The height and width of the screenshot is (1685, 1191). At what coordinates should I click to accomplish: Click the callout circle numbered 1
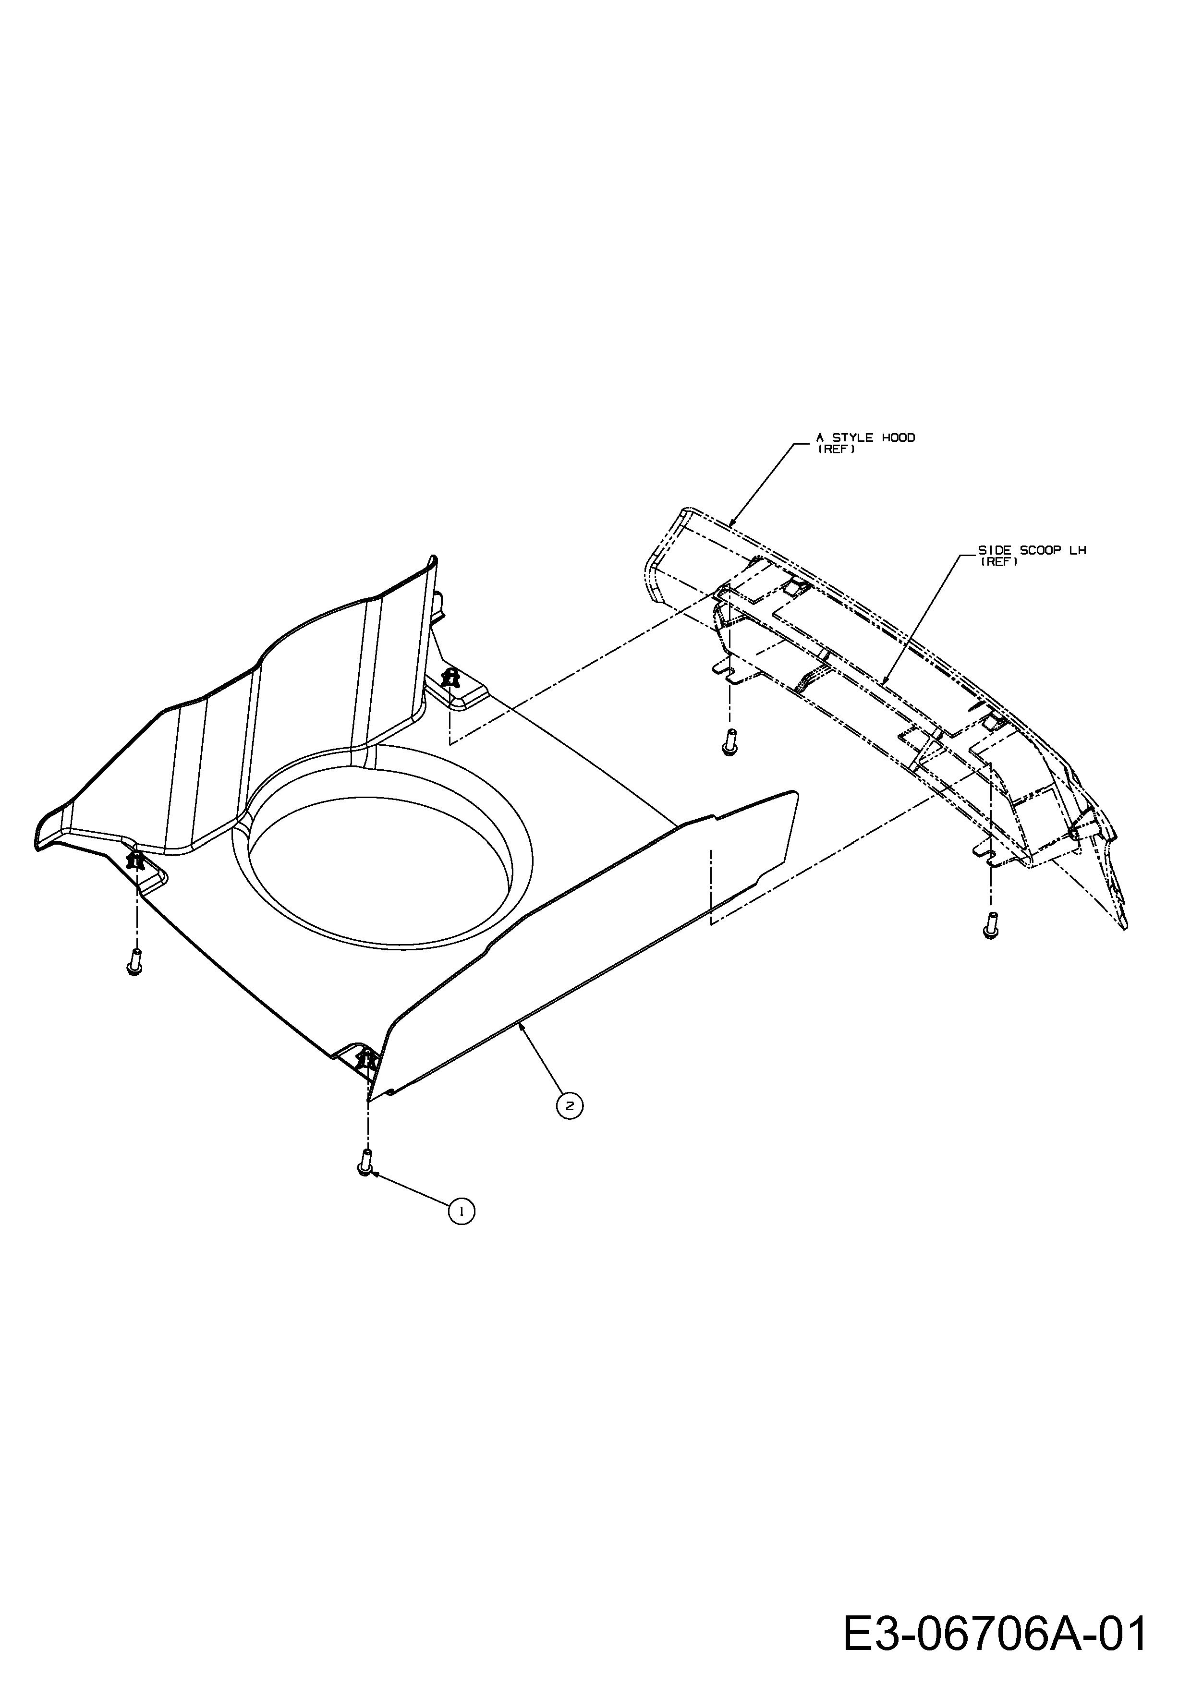(462, 1212)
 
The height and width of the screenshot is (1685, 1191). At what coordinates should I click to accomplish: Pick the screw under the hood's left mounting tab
(729, 743)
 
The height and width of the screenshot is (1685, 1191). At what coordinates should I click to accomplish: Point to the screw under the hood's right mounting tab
(990, 925)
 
